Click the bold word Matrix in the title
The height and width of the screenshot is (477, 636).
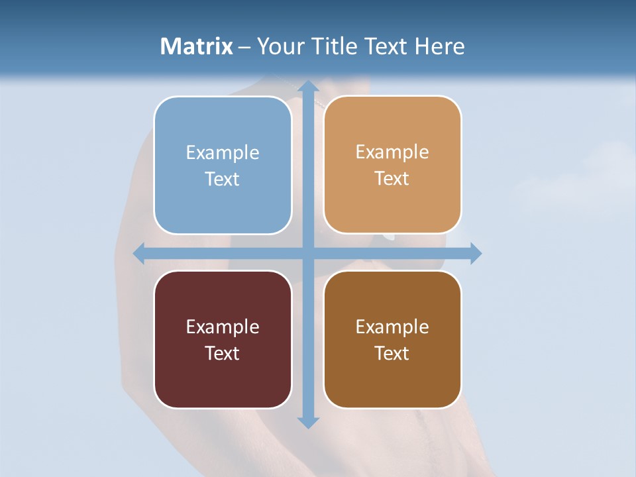(197, 46)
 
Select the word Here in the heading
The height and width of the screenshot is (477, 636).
(440, 46)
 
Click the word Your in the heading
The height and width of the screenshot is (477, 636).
(278, 46)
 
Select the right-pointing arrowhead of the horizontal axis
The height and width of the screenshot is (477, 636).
(476, 254)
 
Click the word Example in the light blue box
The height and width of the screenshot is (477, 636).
(223, 153)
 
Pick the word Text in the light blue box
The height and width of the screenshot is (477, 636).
(223, 180)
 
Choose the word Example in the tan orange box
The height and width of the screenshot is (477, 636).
(392, 152)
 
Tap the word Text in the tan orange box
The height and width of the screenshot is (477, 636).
(392, 179)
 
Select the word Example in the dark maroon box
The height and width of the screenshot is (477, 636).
(223, 327)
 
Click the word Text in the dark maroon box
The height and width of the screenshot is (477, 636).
(223, 354)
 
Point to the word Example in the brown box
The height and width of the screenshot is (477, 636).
(392, 327)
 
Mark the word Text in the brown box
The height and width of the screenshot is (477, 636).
(392, 354)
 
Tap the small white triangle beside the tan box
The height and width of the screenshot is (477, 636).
(390, 236)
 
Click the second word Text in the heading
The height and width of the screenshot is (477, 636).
(384, 46)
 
